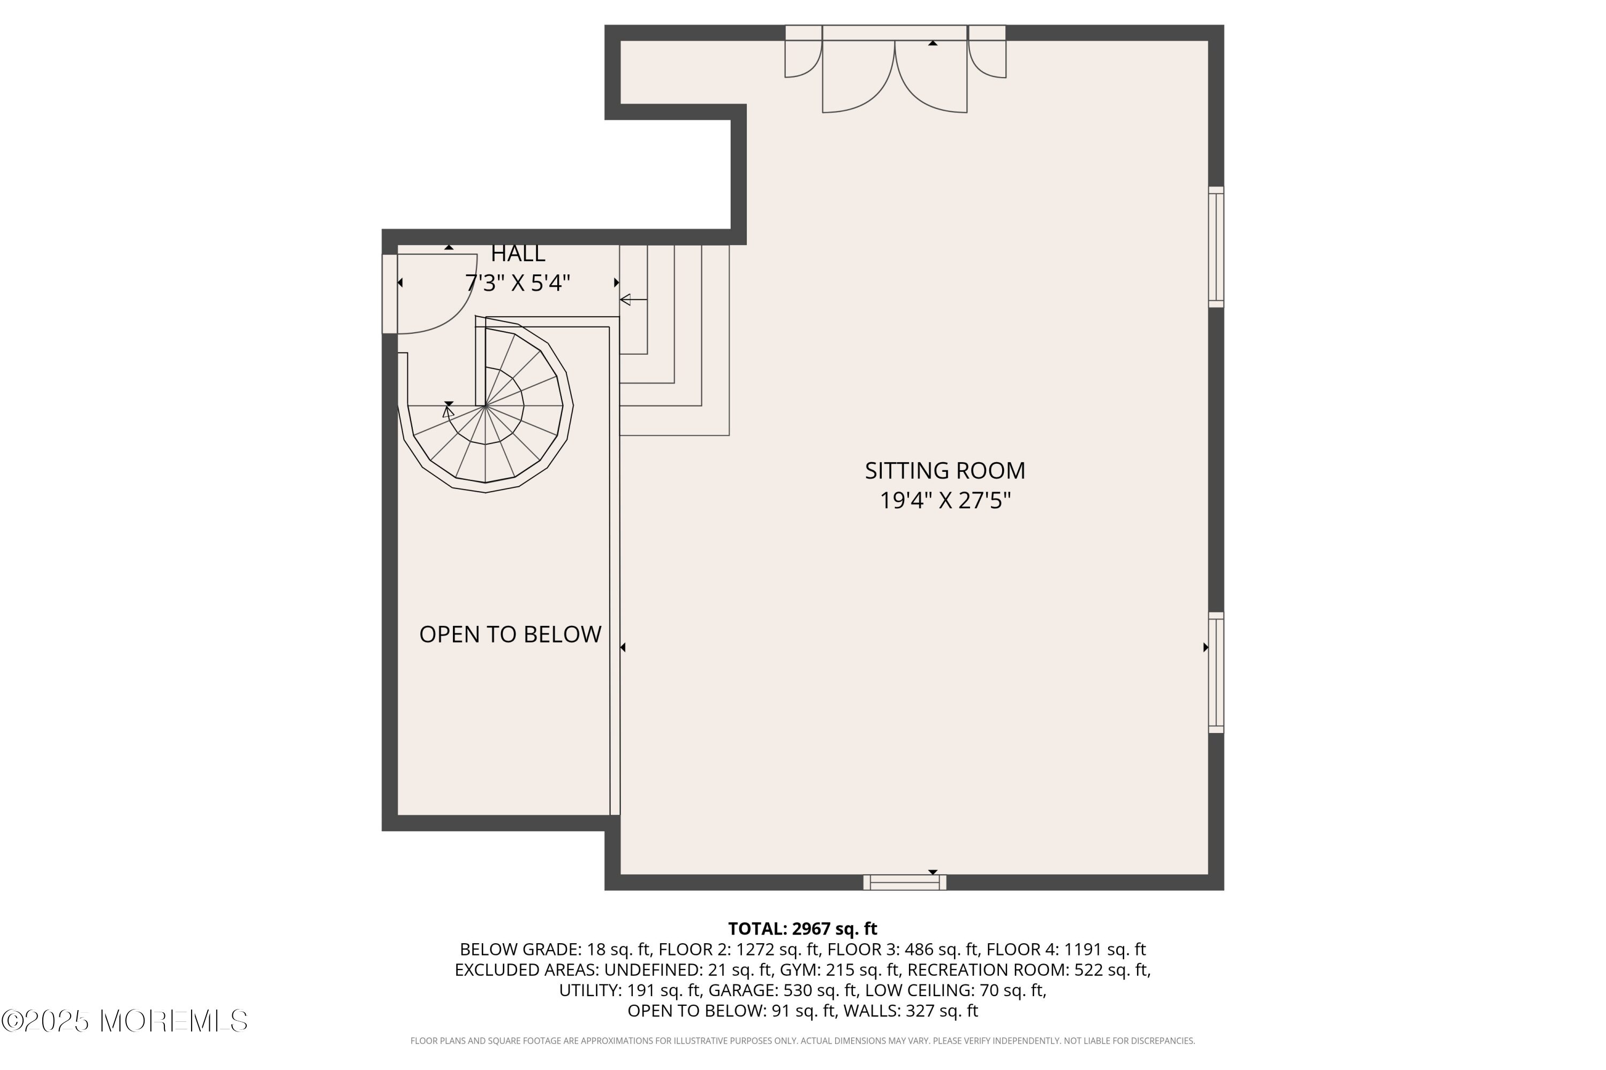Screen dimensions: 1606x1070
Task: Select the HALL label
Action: pos(518,253)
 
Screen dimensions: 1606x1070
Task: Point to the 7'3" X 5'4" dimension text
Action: pos(518,282)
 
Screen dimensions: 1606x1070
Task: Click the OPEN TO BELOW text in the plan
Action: pos(510,634)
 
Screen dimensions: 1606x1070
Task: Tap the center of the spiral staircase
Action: pos(486,406)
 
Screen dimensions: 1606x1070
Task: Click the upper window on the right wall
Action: pos(1216,247)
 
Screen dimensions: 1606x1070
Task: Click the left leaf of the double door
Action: pos(858,77)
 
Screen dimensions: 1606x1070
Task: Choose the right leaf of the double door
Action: pos(931,77)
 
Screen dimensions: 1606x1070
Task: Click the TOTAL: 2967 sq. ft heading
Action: pos(802,929)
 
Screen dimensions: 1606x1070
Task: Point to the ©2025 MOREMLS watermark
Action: pos(124,1021)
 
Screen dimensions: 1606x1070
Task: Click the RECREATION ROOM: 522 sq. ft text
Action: pos(1029,969)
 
